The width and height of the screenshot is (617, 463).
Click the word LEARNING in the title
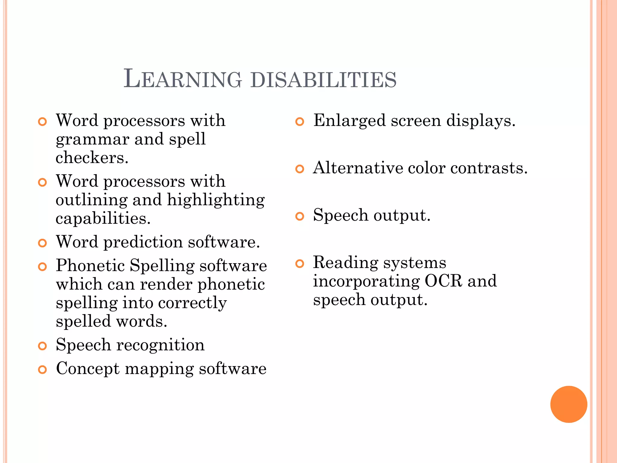183,79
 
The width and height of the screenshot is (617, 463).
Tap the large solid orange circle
568,404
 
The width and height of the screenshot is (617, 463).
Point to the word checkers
92,158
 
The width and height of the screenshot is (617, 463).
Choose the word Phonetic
90,266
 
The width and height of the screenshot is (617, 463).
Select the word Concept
88,369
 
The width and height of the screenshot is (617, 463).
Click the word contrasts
489,168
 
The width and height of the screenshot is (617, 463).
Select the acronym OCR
443,281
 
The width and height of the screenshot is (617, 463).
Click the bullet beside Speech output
299,216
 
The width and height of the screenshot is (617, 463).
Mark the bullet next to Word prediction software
42,243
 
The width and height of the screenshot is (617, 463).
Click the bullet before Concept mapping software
42,370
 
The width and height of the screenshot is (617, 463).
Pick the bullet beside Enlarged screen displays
299,121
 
